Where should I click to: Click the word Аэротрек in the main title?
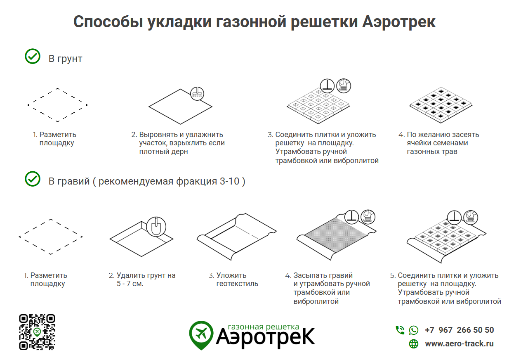pyautogui.click(x=398, y=22)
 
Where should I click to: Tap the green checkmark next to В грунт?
pyautogui.click(x=33, y=56)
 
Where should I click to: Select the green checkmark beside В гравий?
pyautogui.click(x=33, y=179)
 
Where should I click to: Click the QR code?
pyautogui.click(x=37, y=332)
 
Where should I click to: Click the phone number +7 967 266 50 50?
pyautogui.click(x=459, y=330)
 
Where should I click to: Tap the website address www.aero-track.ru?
pyautogui.click(x=459, y=343)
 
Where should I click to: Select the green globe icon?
pyautogui.click(x=414, y=344)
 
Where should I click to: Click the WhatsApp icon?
pyautogui.click(x=414, y=330)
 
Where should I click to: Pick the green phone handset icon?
pyautogui.click(x=400, y=330)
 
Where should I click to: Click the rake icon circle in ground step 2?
pyautogui.click(x=197, y=94)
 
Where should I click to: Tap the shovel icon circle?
pyautogui.click(x=156, y=227)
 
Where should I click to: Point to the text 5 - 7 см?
pyautogui.click(x=130, y=284)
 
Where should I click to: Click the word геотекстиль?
pyautogui.click(x=237, y=284)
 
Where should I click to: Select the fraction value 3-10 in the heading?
pyautogui.click(x=229, y=181)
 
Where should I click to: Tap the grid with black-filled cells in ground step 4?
pyautogui.click(x=441, y=105)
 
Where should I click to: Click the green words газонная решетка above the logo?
pyautogui.click(x=264, y=327)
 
